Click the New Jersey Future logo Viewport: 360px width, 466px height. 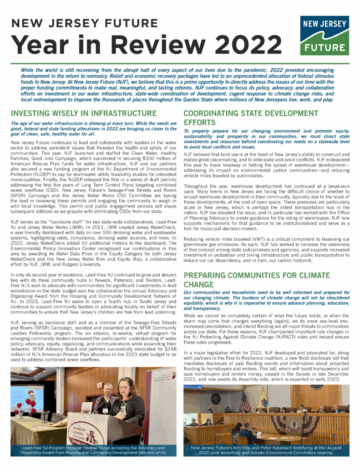point(322,35)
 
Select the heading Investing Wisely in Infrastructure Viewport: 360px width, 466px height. point(83,113)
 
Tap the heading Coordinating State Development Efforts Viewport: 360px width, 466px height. point(250,117)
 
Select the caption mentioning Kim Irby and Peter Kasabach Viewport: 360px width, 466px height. point(266,451)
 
